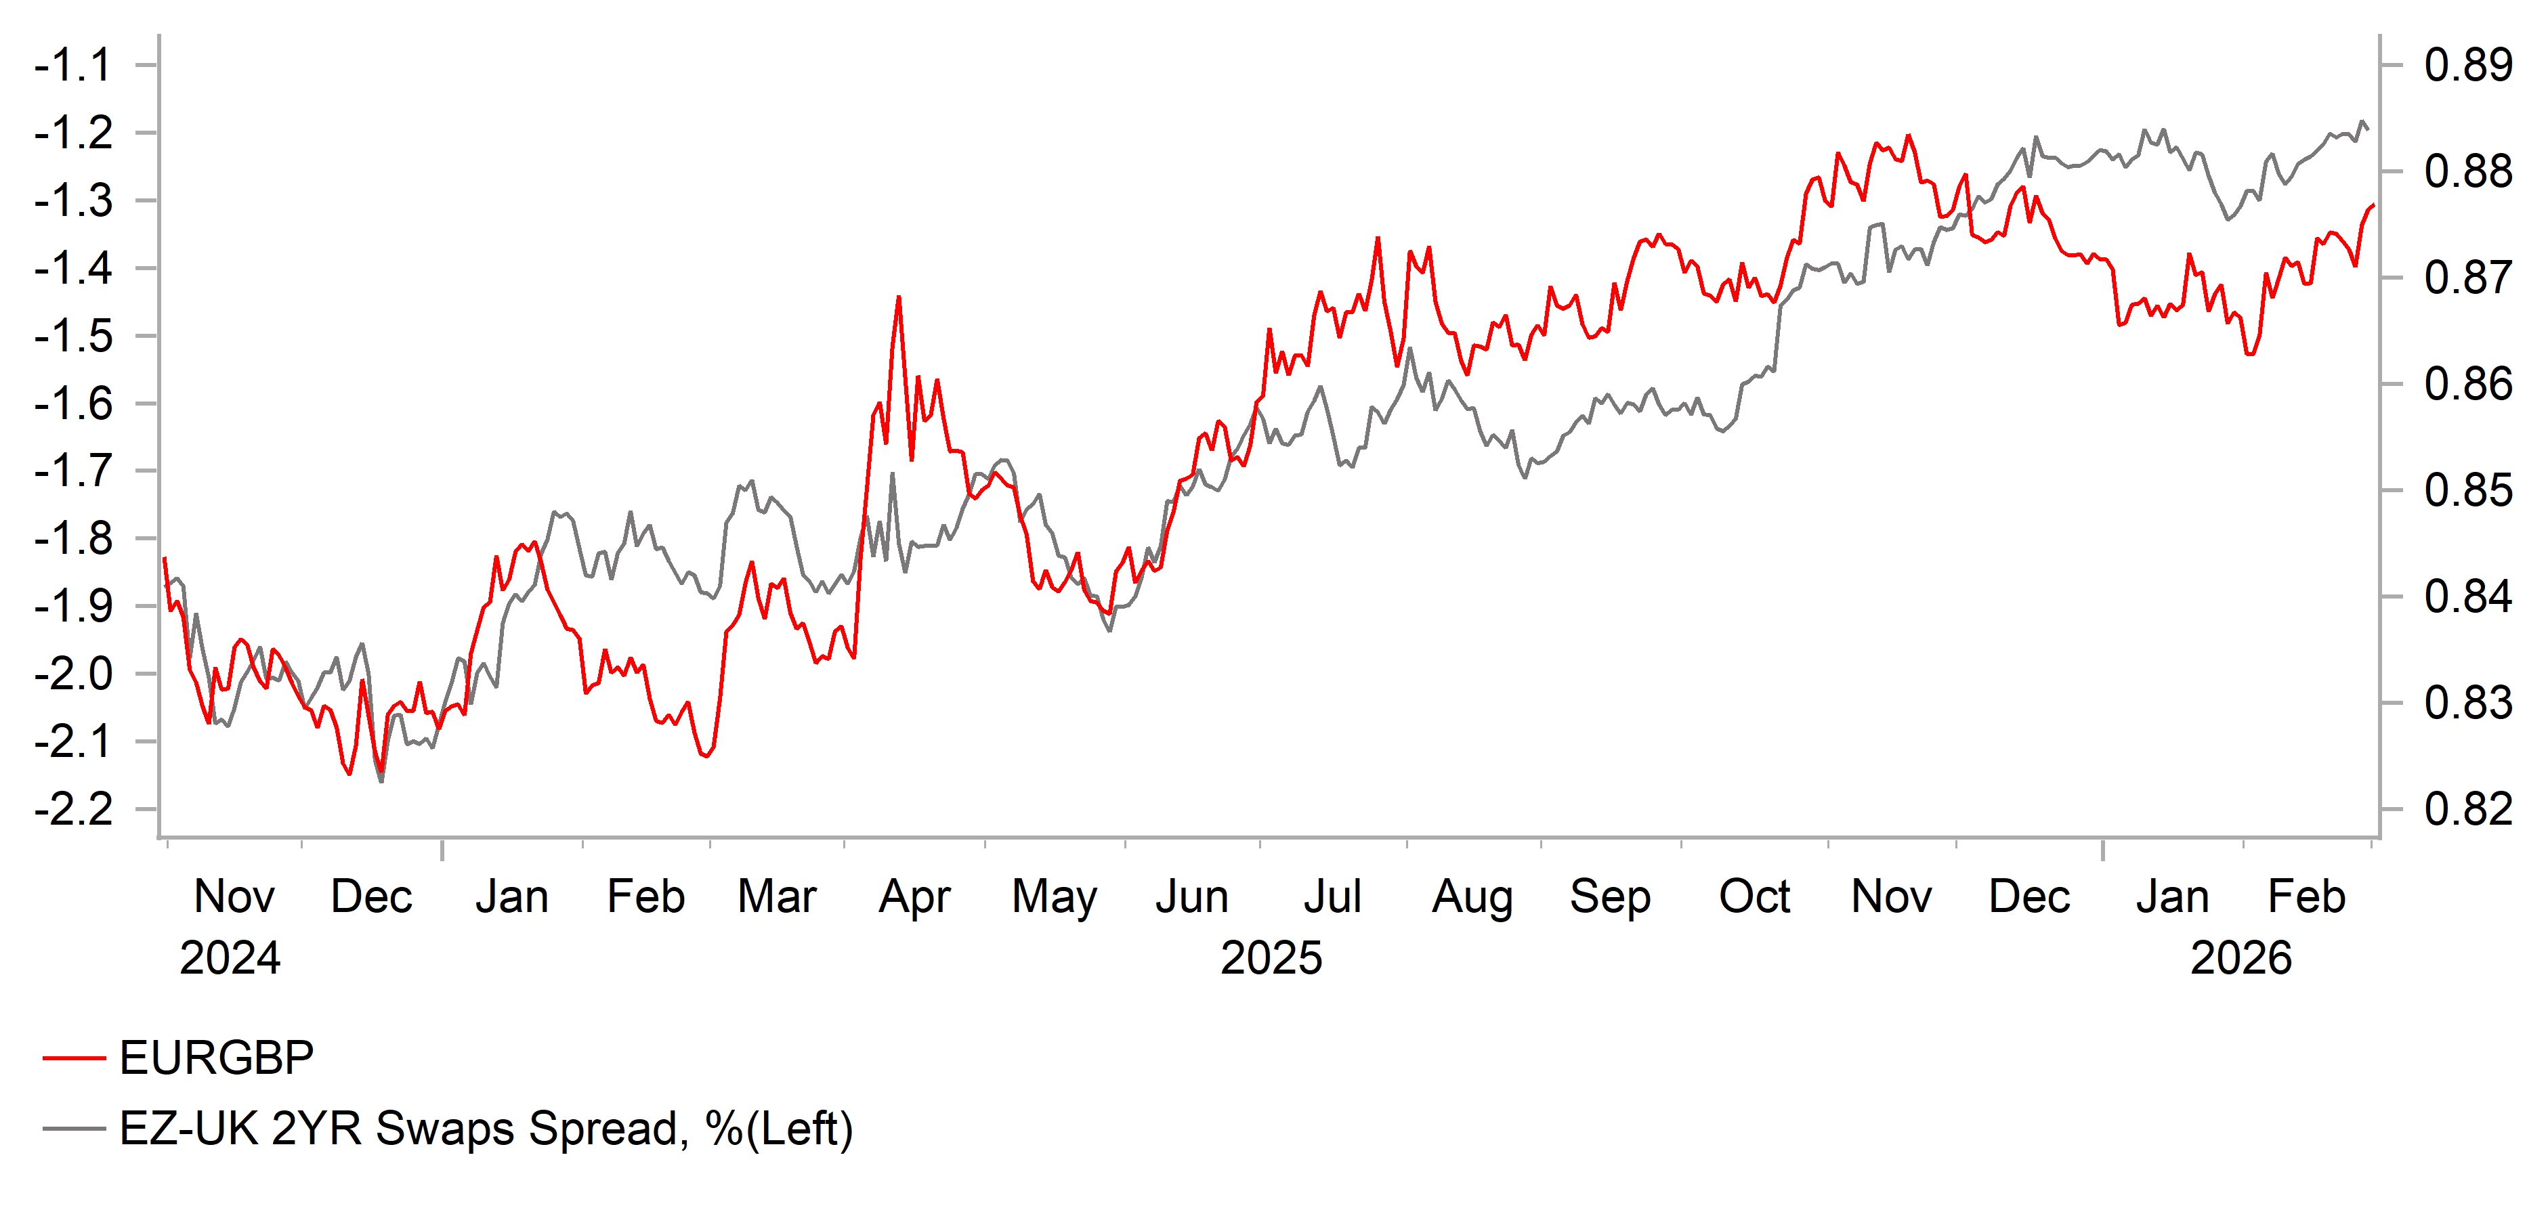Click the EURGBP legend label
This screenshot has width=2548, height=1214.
tap(217, 1058)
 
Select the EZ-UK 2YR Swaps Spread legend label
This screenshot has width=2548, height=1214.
tap(486, 1129)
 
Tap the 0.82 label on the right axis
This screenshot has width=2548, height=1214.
tap(2467, 810)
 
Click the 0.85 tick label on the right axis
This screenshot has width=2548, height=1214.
tap(2467, 490)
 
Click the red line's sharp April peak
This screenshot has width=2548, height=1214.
tap(898, 297)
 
